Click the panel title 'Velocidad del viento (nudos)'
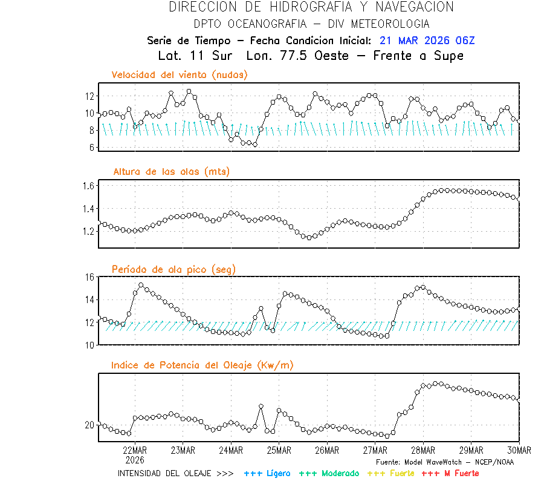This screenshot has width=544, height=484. coord(180,75)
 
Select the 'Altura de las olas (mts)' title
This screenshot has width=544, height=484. coord(172,172)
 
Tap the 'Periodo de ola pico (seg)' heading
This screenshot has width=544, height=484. coord(173,269)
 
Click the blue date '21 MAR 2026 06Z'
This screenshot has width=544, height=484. coord(427,41)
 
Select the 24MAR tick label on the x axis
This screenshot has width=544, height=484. coord(231,450)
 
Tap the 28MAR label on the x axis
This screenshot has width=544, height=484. coord(423,450)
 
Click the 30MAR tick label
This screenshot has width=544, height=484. coord(519,450)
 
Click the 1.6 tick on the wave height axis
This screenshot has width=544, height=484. coord(88,186)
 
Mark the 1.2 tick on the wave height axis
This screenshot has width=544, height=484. coord(88,231)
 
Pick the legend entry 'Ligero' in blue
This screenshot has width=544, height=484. coord(267,473)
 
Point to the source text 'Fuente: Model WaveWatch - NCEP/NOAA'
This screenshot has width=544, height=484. coord(445,462)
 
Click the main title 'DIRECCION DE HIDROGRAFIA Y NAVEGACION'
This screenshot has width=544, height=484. coord(311,7)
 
